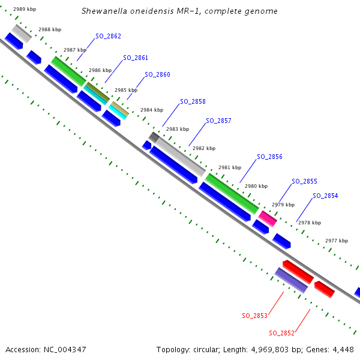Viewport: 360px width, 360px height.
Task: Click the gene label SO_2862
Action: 108,36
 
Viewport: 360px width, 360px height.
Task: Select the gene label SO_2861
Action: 136,58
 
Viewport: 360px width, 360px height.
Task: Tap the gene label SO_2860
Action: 157,75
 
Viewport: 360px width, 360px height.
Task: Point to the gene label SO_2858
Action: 193,102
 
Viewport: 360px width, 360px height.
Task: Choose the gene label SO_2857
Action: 218,121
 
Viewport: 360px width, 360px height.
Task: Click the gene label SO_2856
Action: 269,157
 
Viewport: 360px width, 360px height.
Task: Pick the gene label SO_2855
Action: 304,181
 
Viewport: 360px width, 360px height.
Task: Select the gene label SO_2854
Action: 325,196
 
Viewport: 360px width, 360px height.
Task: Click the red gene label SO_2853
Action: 254,316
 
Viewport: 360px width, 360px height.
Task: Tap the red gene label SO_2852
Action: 281,333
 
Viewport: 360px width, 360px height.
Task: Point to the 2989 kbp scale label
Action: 25,10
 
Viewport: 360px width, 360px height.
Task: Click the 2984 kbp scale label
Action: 151,110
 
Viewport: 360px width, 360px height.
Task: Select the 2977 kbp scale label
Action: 336,241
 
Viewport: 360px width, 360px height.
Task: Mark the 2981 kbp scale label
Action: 229,168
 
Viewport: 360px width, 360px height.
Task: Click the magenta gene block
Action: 268,219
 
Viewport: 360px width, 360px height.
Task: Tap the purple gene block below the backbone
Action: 291,280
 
